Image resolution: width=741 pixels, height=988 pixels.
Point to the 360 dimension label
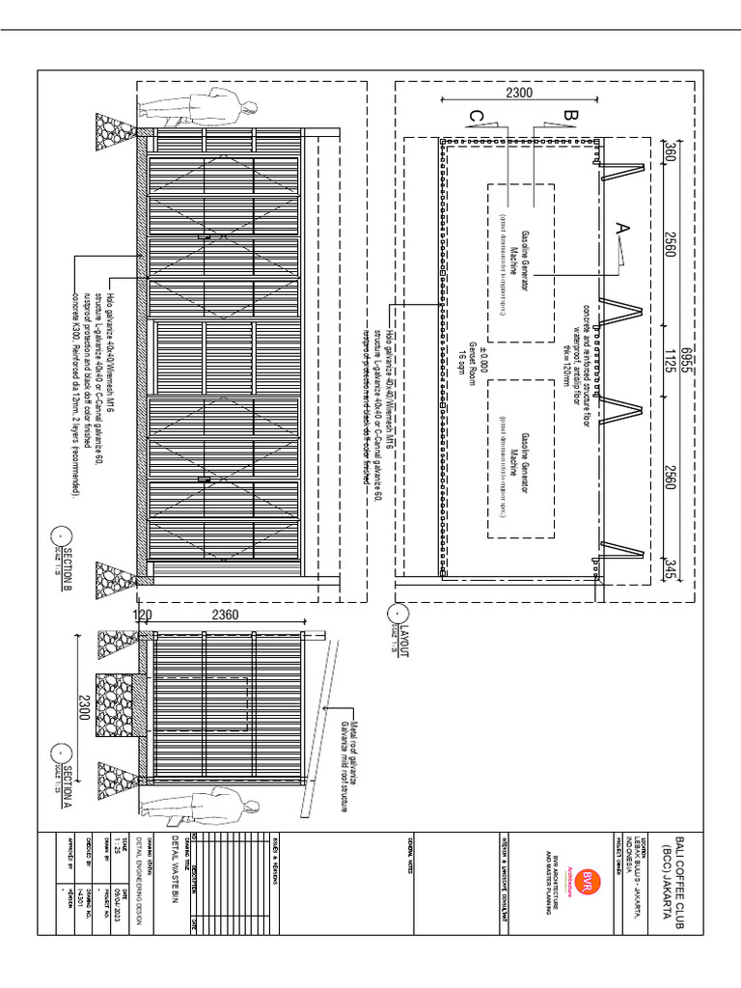point(669,153)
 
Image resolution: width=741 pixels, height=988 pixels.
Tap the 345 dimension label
point(669,569)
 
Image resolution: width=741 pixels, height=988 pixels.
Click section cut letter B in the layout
point(568,116)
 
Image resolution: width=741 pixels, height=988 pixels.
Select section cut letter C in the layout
point(477,117)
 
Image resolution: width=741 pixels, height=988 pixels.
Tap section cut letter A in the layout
point(621,228)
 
